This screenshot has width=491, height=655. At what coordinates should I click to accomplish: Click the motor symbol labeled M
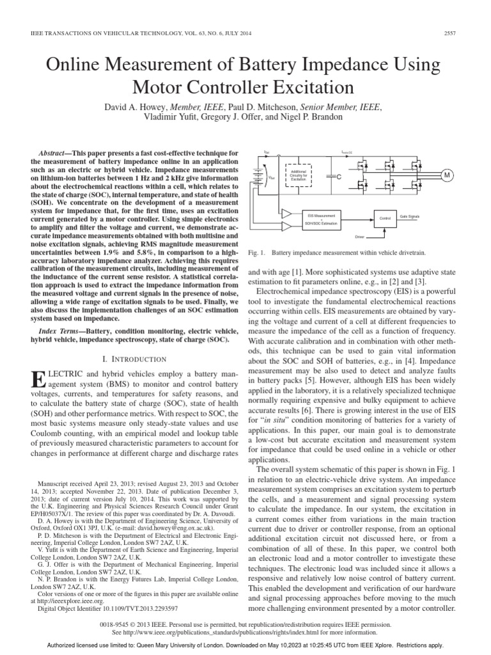[447, 175]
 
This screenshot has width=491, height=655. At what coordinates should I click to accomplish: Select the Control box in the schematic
[385, 218]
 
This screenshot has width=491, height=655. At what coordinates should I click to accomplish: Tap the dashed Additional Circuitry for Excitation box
[299, 175]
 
